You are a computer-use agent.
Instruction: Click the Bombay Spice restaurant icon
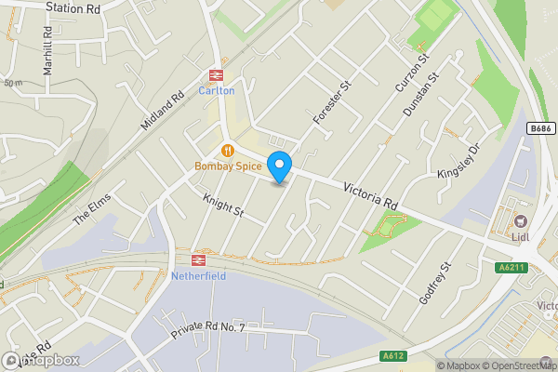(x=226, y=151)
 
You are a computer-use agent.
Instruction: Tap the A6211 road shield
(x=511, y=267)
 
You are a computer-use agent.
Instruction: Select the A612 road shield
(x=394, y=355)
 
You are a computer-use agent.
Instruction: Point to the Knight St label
(x=224, y=206)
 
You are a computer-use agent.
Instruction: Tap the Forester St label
(x=331, y=102)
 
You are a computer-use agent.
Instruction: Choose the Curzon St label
(x=411, y=73)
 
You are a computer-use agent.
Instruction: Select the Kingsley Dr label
(x=458, y=162)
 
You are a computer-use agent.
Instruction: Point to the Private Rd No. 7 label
(x=207, y=330)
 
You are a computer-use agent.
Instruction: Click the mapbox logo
(x=42, y=360)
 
